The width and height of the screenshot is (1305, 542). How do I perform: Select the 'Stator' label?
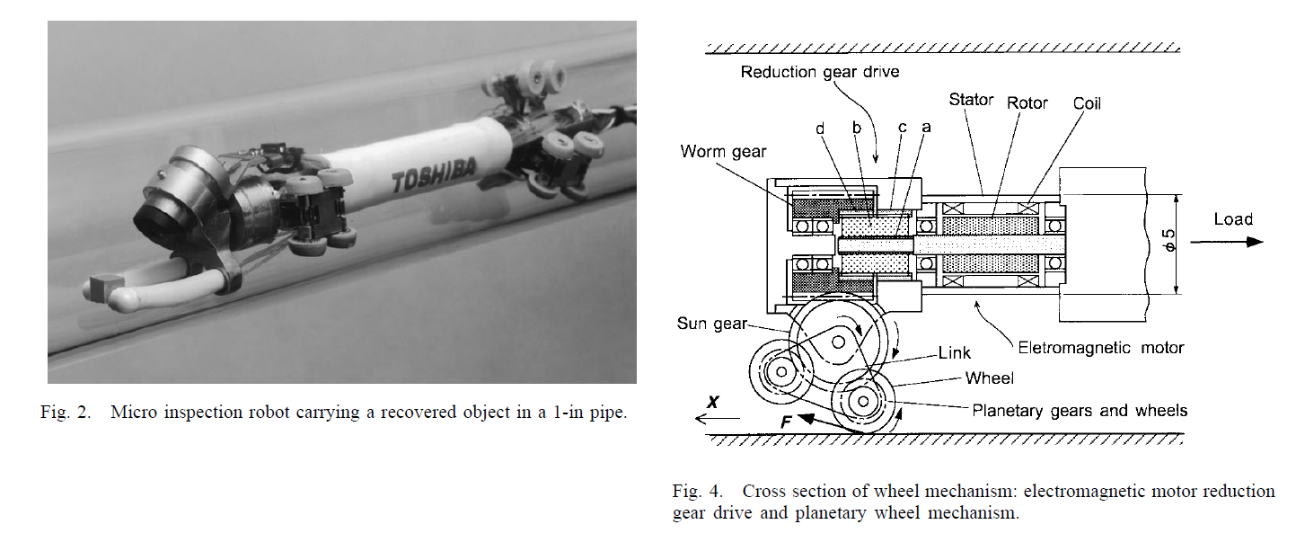click(x=970, y=100)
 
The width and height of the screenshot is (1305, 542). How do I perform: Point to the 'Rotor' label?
click(x=1027, y=103)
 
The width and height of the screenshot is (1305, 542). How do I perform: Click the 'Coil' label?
click(x=1087, y=103)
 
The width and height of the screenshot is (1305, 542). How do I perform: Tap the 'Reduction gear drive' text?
click(x=819, y=72)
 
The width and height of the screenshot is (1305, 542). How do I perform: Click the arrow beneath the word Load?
click(x=1226, y=241)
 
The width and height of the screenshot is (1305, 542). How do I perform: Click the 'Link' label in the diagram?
click(x=955, y=353)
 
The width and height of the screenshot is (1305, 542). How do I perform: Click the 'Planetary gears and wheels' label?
click(x=1080, y=411)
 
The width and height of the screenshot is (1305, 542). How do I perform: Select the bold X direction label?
click(x=712, y=403)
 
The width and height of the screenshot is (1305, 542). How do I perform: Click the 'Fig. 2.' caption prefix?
click(x=66, y=414)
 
